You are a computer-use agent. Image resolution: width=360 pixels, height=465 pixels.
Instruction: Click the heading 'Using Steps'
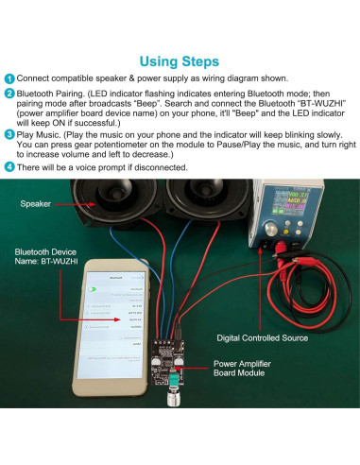pos(180,60)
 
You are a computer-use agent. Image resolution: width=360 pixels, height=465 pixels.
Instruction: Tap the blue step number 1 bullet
pos(9,78)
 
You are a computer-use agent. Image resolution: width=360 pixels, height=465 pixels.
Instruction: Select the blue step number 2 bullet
pos(9,95)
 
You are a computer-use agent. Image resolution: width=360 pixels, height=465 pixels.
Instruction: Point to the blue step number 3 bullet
pos(9,135)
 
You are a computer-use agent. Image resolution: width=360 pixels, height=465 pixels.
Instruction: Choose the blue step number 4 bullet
pos(9,167)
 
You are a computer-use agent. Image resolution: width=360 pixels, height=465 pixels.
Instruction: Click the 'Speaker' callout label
pos(37,203)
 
